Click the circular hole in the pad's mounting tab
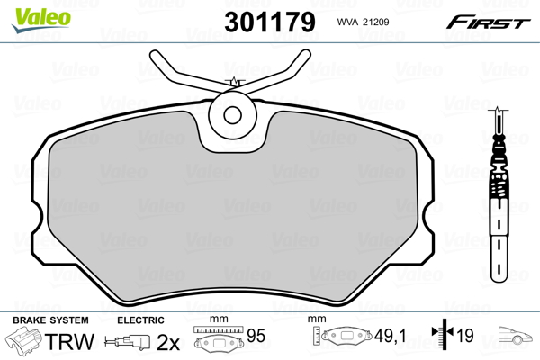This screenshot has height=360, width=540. (x=233, y=115)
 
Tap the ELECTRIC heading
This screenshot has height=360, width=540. (x=141, y=320)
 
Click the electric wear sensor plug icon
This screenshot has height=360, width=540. (x=129, y=342)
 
